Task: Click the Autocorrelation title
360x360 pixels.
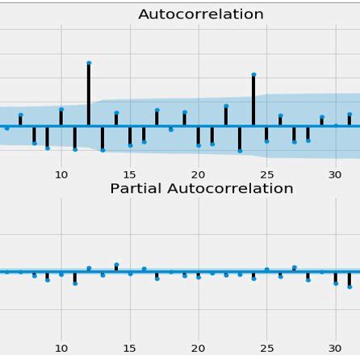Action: [201, 15]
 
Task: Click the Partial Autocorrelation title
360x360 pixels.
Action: [201, 189]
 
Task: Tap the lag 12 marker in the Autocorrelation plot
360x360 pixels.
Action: [89, 63]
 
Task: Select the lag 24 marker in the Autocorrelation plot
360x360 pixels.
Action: [253, 75]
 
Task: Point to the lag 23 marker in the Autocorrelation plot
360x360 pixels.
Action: [240, 150]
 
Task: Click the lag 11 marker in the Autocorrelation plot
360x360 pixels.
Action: [75, 149]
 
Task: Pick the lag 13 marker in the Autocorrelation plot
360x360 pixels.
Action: [103, 149]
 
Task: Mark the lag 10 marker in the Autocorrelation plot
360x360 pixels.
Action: [61, 110]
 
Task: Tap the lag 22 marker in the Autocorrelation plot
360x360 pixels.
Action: [226, 106]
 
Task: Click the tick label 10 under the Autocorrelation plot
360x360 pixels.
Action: [61, 174]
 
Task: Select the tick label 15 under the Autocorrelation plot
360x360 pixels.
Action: [130, 174]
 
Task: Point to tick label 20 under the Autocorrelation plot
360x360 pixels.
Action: [199, 174]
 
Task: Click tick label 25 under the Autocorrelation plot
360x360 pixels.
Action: [267, 174]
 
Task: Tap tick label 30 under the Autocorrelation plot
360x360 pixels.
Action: [336, 174]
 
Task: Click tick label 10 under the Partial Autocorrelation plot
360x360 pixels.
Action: [61, 349]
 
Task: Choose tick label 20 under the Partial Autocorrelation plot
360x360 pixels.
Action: [199, 349]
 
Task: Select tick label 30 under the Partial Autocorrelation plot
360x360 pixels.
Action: [336, 349]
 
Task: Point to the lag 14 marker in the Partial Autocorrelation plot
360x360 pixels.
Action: [116, 265]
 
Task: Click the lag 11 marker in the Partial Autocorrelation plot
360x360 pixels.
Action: [75, 283]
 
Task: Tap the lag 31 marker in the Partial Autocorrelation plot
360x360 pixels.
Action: [350, 286]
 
